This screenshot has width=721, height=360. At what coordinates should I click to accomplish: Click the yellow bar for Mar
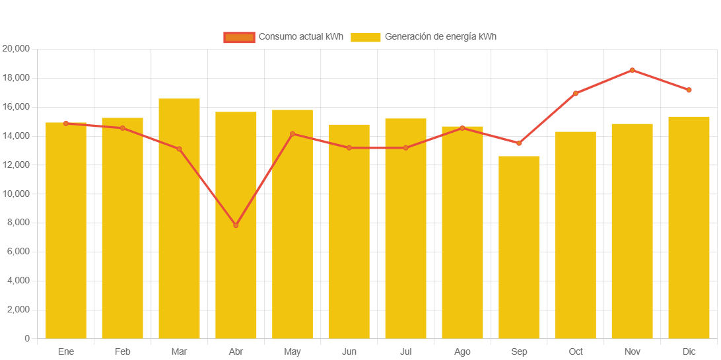179,218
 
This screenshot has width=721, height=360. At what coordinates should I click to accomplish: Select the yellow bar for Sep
519,247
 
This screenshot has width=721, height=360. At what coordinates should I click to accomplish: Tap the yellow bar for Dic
689,227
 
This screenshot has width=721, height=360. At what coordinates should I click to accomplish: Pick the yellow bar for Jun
349,231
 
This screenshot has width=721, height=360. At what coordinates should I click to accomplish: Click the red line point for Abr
236,225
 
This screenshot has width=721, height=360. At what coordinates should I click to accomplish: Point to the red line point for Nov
632,70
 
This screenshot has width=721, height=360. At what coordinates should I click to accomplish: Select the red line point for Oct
575,94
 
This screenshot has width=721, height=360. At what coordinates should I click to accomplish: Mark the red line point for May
292,134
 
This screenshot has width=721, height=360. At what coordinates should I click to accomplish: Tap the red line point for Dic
689,90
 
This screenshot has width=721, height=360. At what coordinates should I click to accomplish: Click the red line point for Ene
66,123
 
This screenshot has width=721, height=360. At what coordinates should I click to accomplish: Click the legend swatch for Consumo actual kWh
239,37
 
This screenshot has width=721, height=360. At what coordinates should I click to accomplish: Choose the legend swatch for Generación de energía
365,37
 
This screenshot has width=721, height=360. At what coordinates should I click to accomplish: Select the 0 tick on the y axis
27,338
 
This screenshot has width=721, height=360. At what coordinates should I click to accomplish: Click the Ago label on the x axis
462,351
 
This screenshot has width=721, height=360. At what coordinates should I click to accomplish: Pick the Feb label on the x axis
122,351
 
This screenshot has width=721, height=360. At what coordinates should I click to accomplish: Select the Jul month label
405,351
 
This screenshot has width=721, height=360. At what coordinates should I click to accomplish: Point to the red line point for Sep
519,143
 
